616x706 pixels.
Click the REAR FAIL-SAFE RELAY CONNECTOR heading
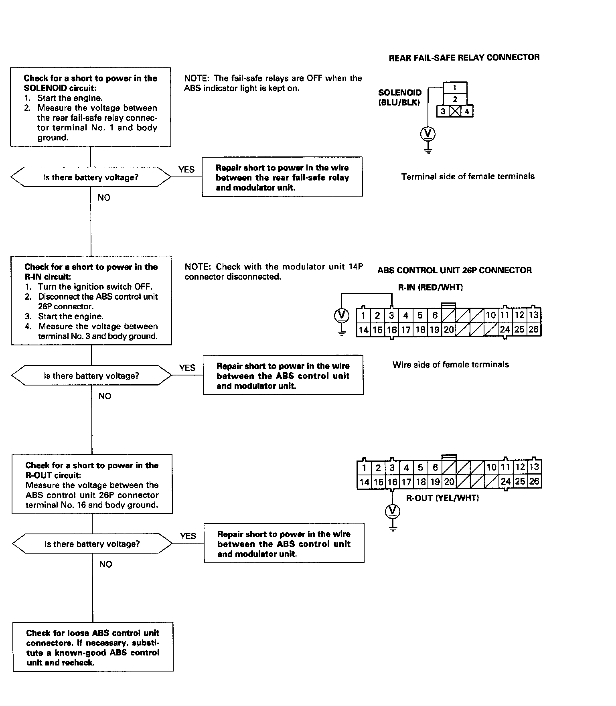464,58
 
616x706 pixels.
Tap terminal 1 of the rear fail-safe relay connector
455,88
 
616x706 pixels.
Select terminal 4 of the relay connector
467,112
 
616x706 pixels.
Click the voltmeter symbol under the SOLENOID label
428,134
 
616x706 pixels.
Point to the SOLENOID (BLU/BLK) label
400,97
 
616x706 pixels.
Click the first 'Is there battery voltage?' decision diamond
91,177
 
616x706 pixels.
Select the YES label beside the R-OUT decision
188,536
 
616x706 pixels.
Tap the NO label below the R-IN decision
105,396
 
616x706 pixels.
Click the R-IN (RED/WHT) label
430,287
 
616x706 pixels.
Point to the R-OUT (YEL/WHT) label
443,498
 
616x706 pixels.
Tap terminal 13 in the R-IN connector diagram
533,315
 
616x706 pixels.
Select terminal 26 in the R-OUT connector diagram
534,481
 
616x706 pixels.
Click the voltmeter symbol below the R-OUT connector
393,511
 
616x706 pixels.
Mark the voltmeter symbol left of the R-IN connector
341,315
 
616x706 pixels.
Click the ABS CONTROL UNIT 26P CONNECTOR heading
454,270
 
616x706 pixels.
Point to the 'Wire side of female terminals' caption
451,365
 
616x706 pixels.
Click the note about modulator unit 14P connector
274,272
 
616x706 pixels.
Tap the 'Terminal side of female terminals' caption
468,176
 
